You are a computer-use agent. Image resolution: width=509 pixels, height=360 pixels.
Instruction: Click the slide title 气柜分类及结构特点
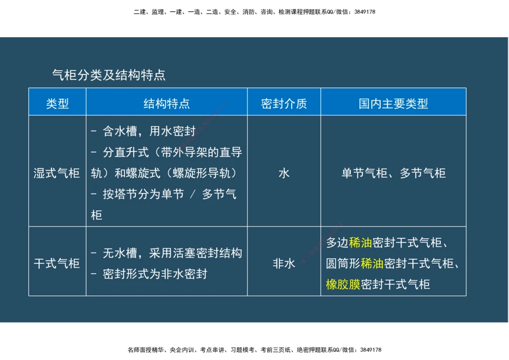click(x=108, y=75)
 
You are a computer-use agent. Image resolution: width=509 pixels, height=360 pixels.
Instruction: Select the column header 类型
click(x=57, y=104)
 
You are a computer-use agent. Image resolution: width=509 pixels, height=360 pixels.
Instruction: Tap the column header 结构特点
click(x=166, y=104)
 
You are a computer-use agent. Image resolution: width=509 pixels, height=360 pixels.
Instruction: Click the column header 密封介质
click(x=284, y=104)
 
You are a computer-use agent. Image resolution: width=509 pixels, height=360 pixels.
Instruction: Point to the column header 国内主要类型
click(x=393, y=104)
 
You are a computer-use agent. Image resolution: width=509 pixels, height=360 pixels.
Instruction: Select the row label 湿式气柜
click(x=56, y=173)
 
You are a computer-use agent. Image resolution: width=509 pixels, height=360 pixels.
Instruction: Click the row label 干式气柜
click(x=56, y=263)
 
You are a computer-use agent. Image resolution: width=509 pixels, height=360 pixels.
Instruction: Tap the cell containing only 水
click(x=284, y=173)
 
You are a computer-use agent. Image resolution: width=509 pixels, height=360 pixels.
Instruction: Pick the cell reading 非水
click(x=284, y=263)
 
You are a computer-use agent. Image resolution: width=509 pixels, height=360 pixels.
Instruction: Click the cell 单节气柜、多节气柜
click(x=393, y=173)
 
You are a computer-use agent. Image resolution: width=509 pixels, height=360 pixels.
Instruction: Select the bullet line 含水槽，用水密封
click(x=149, y=131)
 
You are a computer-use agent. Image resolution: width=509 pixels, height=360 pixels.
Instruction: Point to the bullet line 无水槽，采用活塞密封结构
click(x=172, y=253)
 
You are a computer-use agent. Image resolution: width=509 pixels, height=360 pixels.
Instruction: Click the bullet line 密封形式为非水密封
click(x=155, y=274)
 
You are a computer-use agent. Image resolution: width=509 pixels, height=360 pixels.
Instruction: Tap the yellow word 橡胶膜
click(x=343, y=284)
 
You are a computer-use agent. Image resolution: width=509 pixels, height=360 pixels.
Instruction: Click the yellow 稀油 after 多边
click(x=360, y=243)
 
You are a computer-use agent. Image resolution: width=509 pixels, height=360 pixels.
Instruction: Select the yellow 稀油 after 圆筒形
click(x=372, y=263)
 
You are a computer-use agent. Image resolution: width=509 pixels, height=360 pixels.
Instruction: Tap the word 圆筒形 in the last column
click(x=343, y=263)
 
